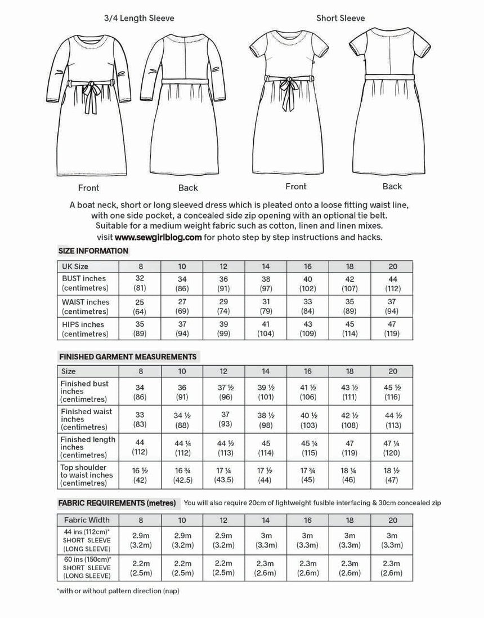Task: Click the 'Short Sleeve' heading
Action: click(340, 18)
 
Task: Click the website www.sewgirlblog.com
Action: click(158, 237)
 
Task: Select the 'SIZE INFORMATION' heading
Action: click(93, 251)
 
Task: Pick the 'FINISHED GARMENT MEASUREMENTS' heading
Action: click(127, 357)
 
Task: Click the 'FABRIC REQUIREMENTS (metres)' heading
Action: click(116, 503)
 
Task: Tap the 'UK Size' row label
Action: click(75, 266)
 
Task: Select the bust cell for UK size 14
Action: click(266, 283)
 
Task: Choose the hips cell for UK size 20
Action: click(392, 329)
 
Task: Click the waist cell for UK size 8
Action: click(140, 306)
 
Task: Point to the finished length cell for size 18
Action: click(349, 447)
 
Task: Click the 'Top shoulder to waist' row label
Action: click(87, 475)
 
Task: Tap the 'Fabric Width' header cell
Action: click(87, 520)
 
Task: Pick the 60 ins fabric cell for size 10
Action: click(182, 568)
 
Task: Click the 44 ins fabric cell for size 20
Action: click(392, 540)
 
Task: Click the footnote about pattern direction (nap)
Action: click(118, 591)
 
